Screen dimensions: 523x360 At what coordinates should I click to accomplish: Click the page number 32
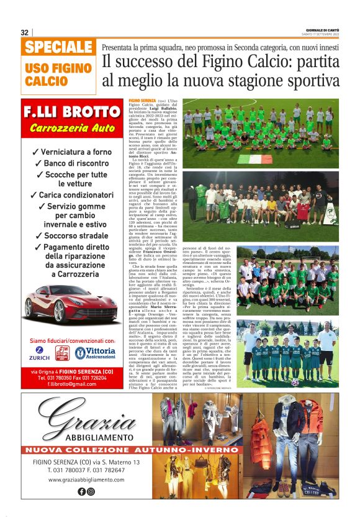[x=25, y=32]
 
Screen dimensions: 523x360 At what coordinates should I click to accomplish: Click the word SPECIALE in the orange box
[x=60, y=47]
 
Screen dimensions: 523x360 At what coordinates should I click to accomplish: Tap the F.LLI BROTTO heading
[x=71, y=113]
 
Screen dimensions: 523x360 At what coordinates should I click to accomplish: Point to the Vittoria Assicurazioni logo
[x=96, y=353]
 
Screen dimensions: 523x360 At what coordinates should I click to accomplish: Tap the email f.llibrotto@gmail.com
[x=70, y=385]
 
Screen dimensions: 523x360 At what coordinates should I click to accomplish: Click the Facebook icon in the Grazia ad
[x=81, y=491]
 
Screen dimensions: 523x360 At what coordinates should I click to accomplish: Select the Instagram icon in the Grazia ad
[x=91, y=491]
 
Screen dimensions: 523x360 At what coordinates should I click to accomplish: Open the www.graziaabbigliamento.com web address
[x=86, y=480]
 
